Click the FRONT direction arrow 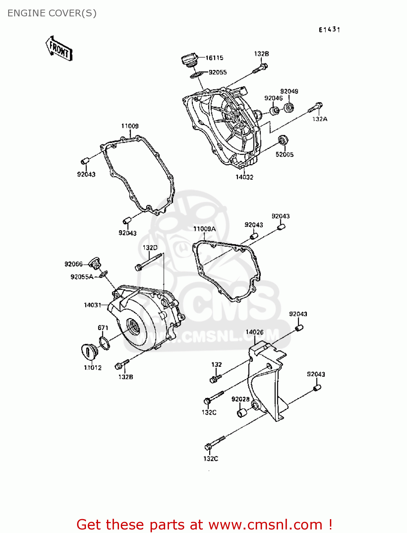[x=59, y=49]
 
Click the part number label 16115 [x=214, y=58]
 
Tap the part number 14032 [x=244, y=177]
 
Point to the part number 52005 [x=284, y=155]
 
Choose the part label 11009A [x=204, y=229]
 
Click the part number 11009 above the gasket [x=130, y=126]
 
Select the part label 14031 [x=92, y=305]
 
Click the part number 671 [x=103, y=328]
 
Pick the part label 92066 [x=73, y=264]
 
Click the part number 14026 [x=255, y=332]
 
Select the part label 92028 [x=240, y=399]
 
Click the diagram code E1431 [x=329, y=30]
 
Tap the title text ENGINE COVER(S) [x=52, y=13]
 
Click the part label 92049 [x=289, y=91]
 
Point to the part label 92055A [x=82, y=277]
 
